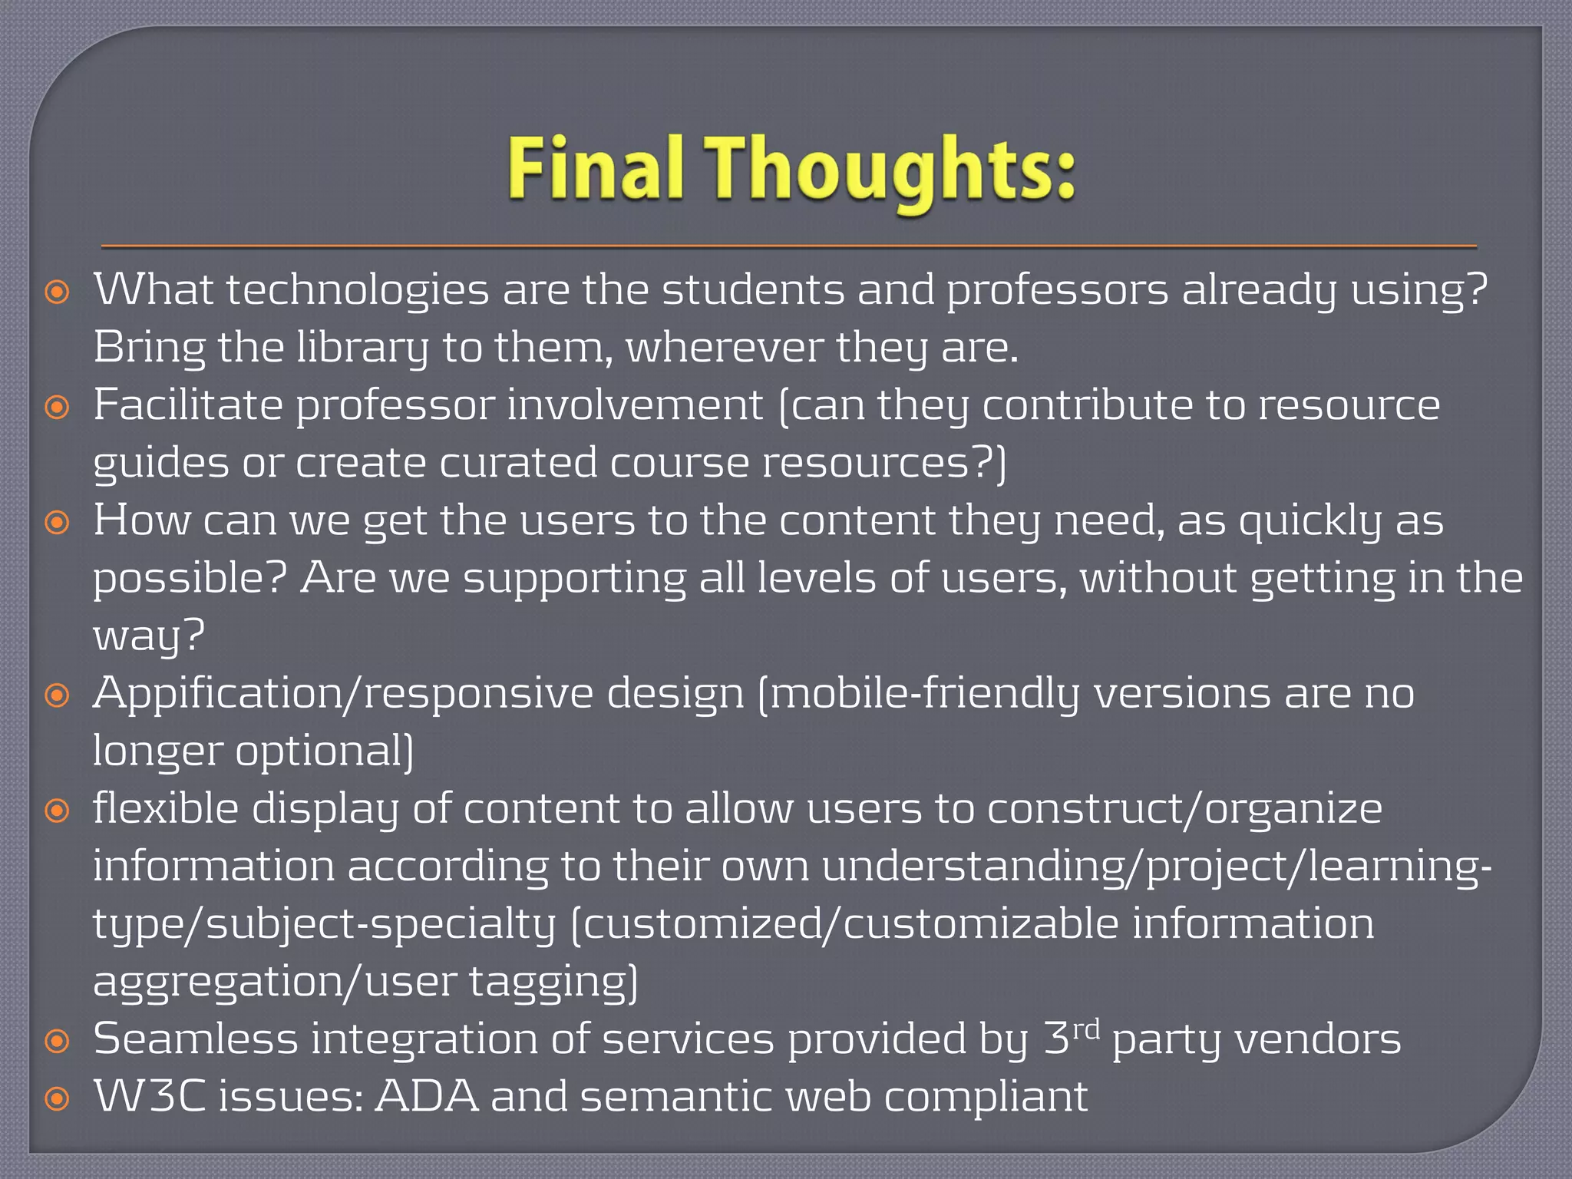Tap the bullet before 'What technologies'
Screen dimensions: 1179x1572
click(58, 292)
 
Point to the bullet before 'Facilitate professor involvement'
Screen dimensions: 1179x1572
click(58, 408)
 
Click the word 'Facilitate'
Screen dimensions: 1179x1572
click(188, 405)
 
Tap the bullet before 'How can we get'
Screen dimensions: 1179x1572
click(58, 523)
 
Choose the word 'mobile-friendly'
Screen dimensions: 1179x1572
click(924, 694)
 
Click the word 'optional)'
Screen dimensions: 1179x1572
click(324, 751)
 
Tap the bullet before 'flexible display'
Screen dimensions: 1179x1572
click(58, 811)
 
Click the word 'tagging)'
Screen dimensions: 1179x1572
click(553, 982)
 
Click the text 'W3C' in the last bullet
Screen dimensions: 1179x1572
click(150, 1097)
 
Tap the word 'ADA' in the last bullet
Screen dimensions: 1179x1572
click(426, 1097)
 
